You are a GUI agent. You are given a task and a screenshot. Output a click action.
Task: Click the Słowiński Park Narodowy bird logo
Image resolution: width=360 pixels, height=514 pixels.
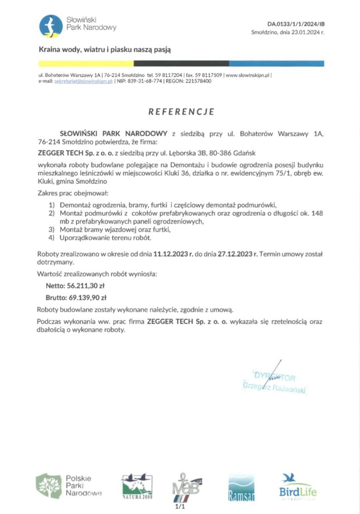pyautogui.click(x=51, y=26)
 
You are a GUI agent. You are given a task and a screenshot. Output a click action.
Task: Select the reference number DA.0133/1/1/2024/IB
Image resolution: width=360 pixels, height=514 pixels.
pyautogui.click(x=295, y=24)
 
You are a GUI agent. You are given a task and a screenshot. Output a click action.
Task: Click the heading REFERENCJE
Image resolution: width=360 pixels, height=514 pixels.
pyautogui.click(x=181, y=111)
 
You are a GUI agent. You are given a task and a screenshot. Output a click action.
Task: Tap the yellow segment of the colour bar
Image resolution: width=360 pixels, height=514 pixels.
pyautogui.click(x=86, y=64)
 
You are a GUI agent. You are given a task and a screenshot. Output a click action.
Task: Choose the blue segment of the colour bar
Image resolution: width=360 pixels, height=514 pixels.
pyautogui.click(x=277, y=64)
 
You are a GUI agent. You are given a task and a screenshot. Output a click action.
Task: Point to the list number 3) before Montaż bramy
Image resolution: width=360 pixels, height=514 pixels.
pyautogui.click(x=51, y=229)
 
